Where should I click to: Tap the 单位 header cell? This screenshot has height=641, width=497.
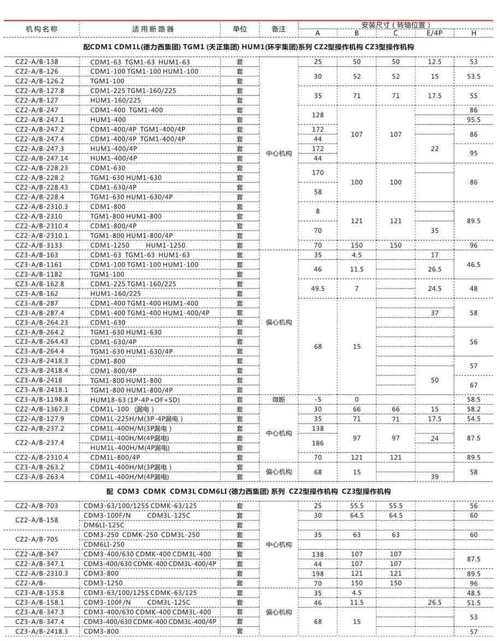click(x=240, y=29)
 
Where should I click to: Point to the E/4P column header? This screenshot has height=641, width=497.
click(x=435, y=33)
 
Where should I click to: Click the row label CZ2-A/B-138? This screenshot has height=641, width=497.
click(x=36, y=62)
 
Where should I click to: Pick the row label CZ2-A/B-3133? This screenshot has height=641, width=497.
click(x=37, y=245)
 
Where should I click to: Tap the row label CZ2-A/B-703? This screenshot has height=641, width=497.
click(x=36, y=506)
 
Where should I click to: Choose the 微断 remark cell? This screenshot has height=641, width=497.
click(x=279, y=400)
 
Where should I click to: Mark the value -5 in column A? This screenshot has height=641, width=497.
click(x=317, y=400)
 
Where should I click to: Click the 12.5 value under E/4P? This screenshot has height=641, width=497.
click(x=435, y=62)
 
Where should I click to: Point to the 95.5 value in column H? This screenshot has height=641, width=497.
click(x=474, y=120)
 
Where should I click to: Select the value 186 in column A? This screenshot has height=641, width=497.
click(x=317, y=443)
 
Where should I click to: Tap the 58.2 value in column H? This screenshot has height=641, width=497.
click(x=474, y=409)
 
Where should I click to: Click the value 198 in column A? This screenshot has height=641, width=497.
click(x=317, y=573)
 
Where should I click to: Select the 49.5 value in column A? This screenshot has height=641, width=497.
click(x=317, y=288)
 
